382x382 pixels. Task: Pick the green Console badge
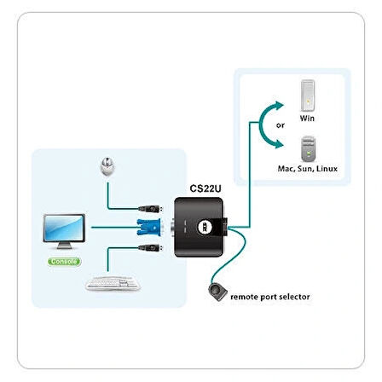click(63, 261)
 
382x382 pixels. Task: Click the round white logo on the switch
click(205, 226)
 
